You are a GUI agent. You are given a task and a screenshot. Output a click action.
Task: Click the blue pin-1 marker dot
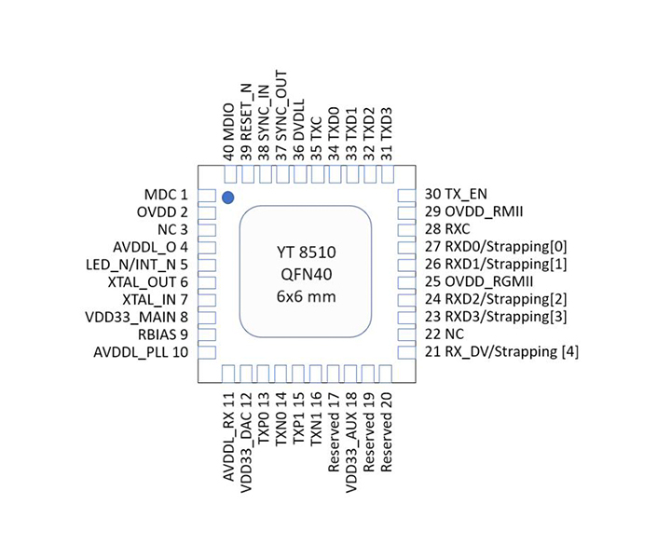coord(227,198)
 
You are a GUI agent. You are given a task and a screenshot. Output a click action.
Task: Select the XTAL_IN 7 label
coord(156,300)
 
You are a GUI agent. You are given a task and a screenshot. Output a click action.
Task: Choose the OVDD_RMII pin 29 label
coord(473,212)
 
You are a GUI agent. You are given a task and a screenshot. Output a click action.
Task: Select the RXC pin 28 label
coord(449,229)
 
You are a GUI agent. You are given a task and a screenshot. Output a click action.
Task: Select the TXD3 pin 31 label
coord(387,131)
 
